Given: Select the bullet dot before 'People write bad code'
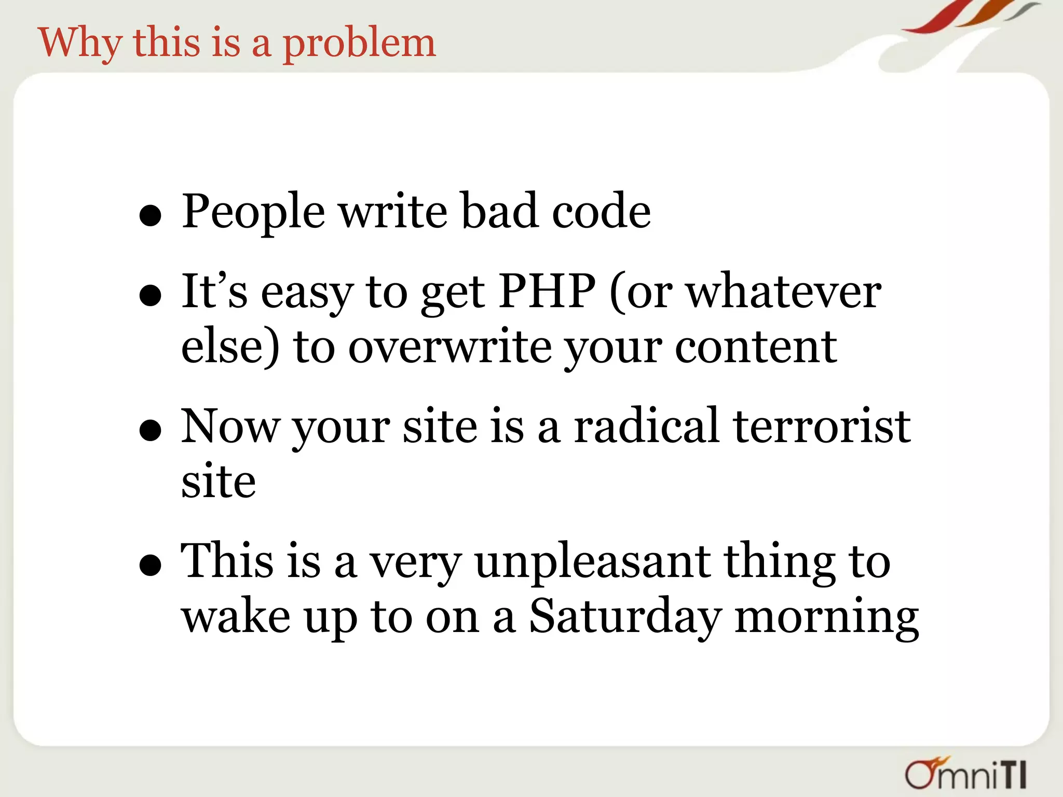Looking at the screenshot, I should pos(151,215).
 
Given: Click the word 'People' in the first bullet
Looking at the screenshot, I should pos(253,211).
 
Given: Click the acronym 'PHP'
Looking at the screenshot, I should pos(547,292).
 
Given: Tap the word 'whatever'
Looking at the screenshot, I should pos(784,292).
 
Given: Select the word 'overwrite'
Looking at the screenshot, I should pos(449,347).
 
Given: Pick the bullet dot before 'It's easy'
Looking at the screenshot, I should pos(151,296).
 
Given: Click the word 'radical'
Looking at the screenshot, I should pos(646,427).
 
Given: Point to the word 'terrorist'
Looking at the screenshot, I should pos(821,427).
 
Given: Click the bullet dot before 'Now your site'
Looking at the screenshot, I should pos(151,431).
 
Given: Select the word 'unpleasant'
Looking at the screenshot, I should pos(592,561).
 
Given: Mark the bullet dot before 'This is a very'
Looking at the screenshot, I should pos(151,565).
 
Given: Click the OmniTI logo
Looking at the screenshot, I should pos(965,774).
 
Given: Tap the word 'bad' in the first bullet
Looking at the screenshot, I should pos(499,211).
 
